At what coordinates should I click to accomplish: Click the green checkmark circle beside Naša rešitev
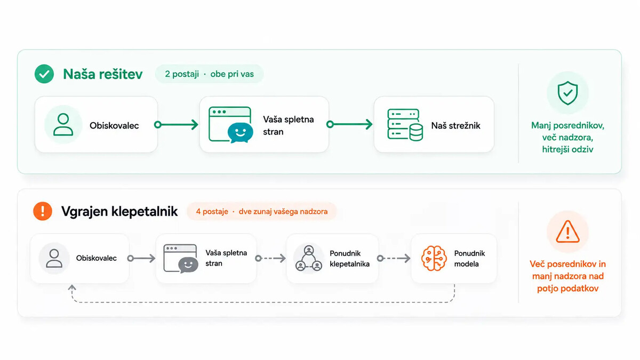tap(44, 74)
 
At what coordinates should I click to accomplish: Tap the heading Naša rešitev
tap(103, 74)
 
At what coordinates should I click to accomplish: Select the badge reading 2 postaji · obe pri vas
tap(209, 74)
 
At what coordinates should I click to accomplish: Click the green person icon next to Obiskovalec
tap(63, 125)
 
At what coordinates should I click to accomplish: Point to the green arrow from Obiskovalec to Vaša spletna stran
tap(176, 125)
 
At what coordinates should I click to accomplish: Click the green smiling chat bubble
tap(241, 133)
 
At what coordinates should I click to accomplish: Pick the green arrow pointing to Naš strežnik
tap(349, 124)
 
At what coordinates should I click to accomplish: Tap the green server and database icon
tap(405, 125)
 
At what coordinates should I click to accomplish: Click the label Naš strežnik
tap(455, 126)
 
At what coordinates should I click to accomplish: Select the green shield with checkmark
tap(567, 93)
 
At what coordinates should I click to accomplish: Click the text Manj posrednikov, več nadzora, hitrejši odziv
tap(567, 138)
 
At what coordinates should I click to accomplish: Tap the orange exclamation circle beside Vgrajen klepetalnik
tap(43, 211)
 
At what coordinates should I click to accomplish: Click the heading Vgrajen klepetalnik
tap(119, 212)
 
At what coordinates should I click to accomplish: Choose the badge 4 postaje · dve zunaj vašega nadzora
tap(262, 211)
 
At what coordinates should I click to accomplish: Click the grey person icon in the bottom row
tap(54, 258)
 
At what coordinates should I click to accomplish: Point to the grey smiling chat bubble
tap(188, 265)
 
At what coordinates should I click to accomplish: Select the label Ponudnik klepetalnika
tap(349, 259)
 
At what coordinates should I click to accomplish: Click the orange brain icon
tap(434, 258)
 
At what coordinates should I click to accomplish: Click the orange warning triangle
tap(567, 231)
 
